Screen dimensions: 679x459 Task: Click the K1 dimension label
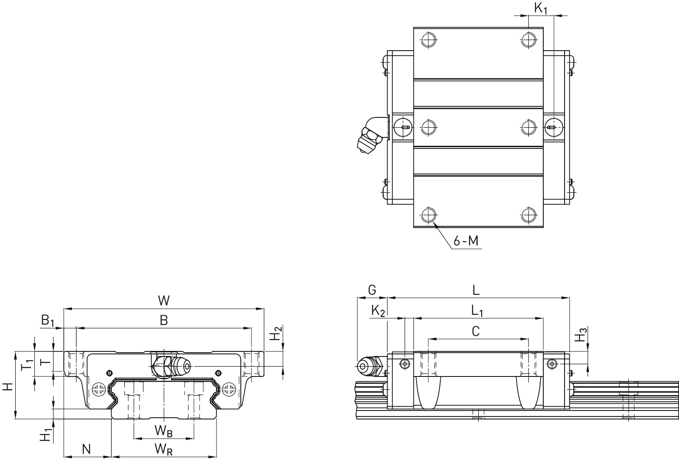click(x=541, y=8)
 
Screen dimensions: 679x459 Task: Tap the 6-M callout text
click(x=466, y=241)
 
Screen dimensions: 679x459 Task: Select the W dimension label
click(x=164, y=300)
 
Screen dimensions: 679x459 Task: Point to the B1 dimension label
click(x=47, y=321)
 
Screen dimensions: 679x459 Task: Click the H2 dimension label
click(x=276, y=333)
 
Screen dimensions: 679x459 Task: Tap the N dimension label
click(x=86, y=449)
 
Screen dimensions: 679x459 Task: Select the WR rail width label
click(x=163, y=450)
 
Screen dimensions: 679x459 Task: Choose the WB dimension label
click(x=163, y=431)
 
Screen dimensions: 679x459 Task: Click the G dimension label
click(x=372, y=290)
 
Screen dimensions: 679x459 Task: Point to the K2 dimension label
click(x=378, y=311)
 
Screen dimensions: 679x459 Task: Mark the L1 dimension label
click(x=477, y=311)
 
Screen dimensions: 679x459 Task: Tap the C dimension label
click(x=476, y=331)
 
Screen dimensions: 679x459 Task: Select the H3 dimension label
click(x=581, y=335)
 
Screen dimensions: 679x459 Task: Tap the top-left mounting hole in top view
click(x=428, y=40)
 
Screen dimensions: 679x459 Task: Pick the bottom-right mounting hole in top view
click(x=529, y=215)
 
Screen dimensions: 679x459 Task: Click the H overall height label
click(x=8, y=387)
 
